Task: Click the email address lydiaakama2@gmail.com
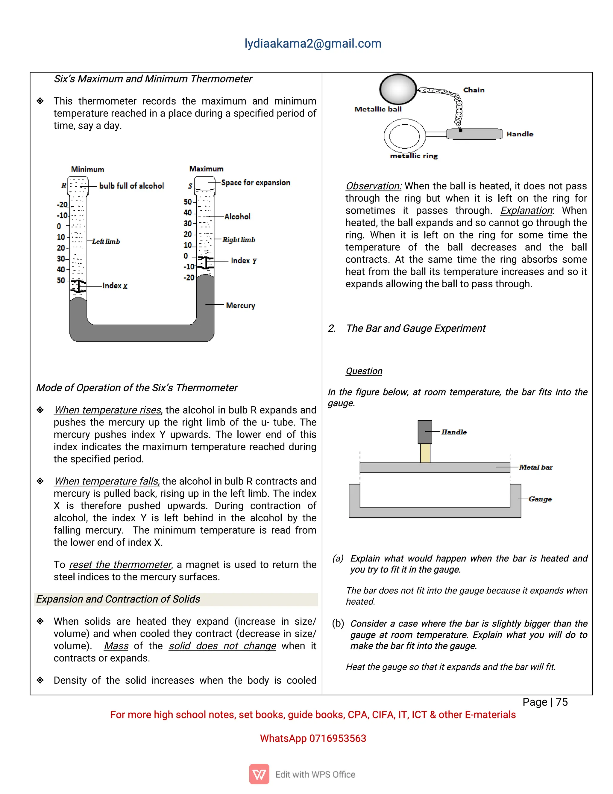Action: [313, 44]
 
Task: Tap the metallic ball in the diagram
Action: [398, 89]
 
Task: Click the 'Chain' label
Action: [474, 90]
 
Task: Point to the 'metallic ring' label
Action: [414, 156]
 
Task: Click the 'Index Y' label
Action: [244, 261]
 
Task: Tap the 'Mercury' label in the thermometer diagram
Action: [240, 305]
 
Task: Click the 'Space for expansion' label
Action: [256, 182]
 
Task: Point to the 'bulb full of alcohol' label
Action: [131, 186]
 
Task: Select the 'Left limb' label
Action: [106, 241]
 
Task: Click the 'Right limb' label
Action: [239, 240]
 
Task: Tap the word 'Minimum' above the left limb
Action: [87, 169]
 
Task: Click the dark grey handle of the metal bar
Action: [424, 432]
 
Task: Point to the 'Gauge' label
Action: [540, 499]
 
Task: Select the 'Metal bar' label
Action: [536, 467]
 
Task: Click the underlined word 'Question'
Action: [364, 371]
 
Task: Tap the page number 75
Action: [562, 702]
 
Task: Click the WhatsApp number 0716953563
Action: [337, 738]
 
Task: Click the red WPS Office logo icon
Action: [259, 774]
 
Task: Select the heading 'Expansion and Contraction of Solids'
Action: [118, 599]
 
